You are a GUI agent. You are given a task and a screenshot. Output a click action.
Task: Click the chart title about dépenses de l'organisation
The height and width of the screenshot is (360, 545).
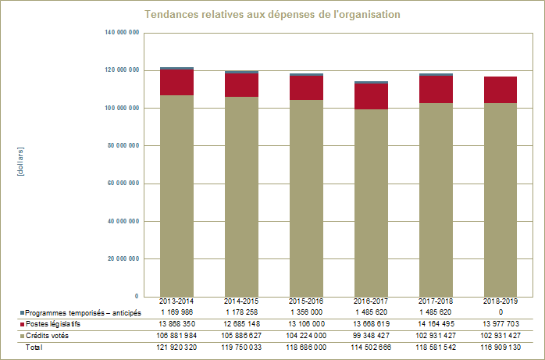[272, 16]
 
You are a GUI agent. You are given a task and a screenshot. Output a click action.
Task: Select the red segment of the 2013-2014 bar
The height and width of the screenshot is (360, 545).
[176, 83]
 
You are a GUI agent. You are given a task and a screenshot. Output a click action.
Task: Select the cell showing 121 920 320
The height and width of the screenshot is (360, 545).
[176, 347]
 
